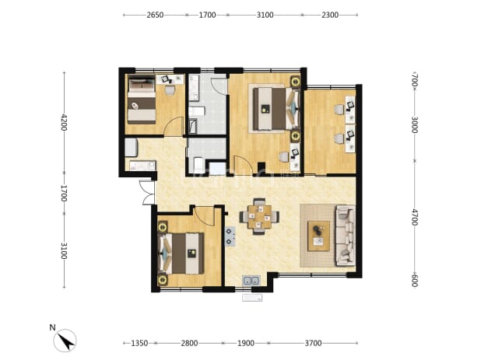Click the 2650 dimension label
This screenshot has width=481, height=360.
pos(155,15)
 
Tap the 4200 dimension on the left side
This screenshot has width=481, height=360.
pos(64,122)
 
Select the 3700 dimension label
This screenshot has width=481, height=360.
pos(313,343)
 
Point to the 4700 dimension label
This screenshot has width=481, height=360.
pos(415,217)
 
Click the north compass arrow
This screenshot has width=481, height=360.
pos(67,341)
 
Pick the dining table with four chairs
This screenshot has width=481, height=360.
pos(259,217)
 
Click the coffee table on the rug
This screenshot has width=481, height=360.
pos(319,236)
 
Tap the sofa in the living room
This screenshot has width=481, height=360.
pos(346,236)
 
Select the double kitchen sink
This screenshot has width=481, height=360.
pos(251,281)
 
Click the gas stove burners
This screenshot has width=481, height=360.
pos(230,236)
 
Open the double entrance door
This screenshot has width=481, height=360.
pos(147,192)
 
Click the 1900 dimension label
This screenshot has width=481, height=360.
pos(246,343)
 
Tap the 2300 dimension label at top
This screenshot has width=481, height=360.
pos(330,15)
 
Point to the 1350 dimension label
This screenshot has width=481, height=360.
pos(139,343)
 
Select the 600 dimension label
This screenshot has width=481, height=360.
pos(415,280)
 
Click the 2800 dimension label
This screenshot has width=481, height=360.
pos(189,343)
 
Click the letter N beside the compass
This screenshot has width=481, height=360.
pos(52,327)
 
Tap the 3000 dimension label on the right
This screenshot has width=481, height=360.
pos(415,124)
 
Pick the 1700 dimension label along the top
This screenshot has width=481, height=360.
pos(207,15)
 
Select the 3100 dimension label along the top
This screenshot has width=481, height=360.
pos(265,15)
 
